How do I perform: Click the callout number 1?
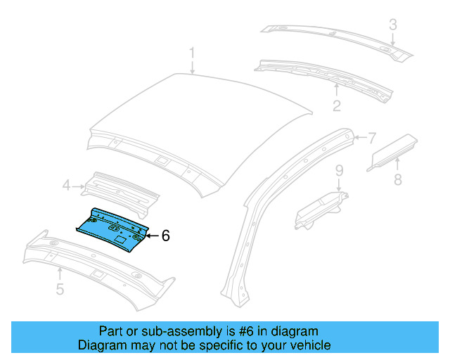[x=192, y=53]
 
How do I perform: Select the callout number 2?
[x=337, y=105]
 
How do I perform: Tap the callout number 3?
[x=393, y=25]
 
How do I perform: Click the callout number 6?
[x=165, y=236]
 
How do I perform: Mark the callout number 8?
[x=397, y=180]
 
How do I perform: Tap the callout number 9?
[x=338, y=170]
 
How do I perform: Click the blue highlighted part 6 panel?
[x=112, y=226]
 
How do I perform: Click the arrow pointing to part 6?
[x=153, y=236]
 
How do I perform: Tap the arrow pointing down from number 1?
[x=192, y=67]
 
